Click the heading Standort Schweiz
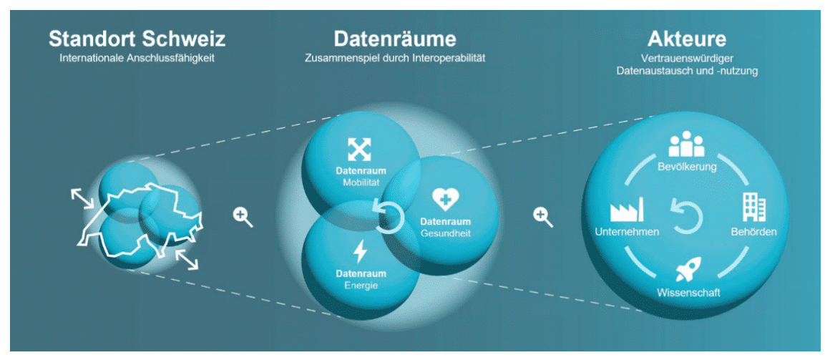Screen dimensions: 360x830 pyautogui.click(x=137, y=39)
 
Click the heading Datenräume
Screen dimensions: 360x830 pyautogui.click(x=394, y=39)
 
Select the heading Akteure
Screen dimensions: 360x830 pyautogui.click(x=686, y=39)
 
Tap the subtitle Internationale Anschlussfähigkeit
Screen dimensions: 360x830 pyautogui.click(x=137, y=57)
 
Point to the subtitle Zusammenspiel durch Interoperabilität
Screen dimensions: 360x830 pyautogui.click(x=394, y=57)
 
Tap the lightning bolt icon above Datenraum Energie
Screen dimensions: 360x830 pyautogui.click(x=361, y=252)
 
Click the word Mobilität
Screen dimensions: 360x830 pyautogui.click(x=361, y=183)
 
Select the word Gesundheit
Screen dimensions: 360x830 pyautogui.click(x=445, y=233)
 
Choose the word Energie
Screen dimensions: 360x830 pyautogui.click(x=361, y=285)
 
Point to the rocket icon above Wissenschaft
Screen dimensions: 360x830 pyautogui.click(x=688, y=270)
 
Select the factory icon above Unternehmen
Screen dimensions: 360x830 pyautogui.click(x=627, y=210)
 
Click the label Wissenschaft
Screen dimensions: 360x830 pyautogui.click(x=688, y=293)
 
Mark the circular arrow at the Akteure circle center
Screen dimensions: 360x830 pyautogui.click(x=687, y=216)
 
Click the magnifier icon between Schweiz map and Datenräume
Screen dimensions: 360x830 pyautogui.click(x=243, y=216)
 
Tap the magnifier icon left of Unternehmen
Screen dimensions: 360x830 pyautogui.click(x=544, y=216)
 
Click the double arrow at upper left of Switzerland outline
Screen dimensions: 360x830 pyautogui.click(x=82, y=198)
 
